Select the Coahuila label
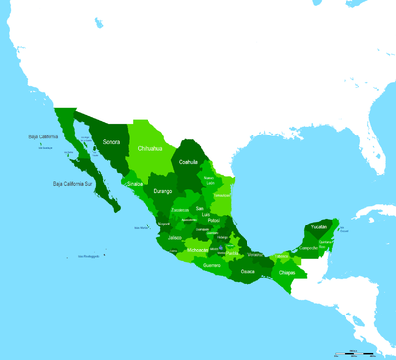[x=188, y=162]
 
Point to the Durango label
[x=163, y=190]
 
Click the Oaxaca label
[x=247, y=269]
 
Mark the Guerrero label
[x=212, y=265]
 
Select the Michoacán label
[x=197, y=251]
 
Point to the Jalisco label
[x=175, y=238]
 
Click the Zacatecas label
[x=180, y=210]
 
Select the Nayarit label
[x=164, y=225]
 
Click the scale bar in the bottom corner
[x=361, y=351]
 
